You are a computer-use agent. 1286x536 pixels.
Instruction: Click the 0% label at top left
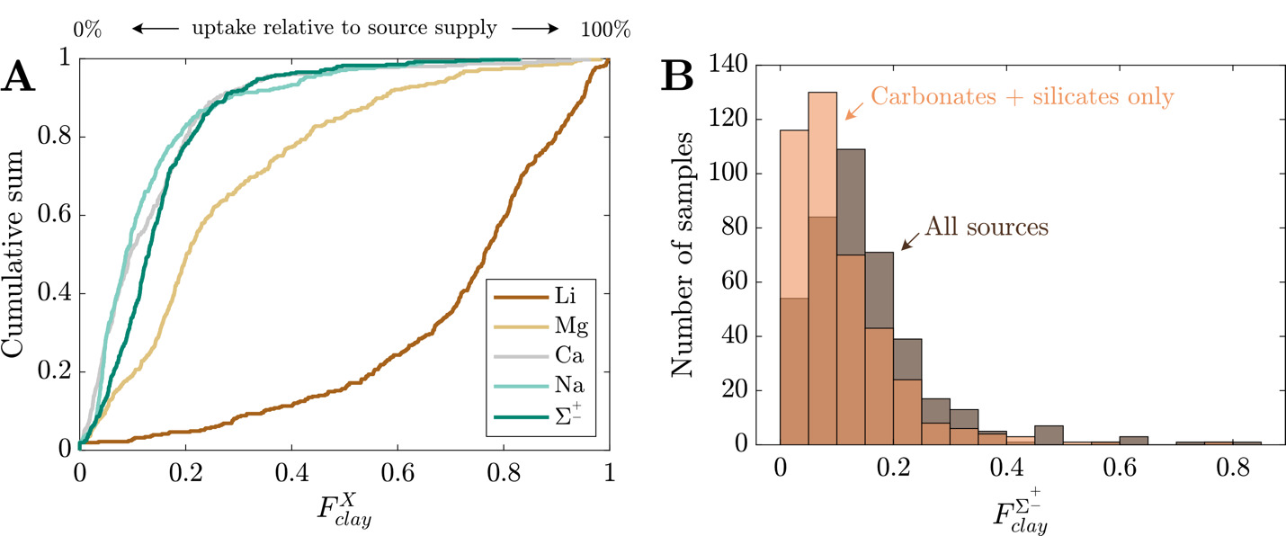click(87, 29)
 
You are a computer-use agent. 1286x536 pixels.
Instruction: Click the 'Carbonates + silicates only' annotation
click(1022, 96)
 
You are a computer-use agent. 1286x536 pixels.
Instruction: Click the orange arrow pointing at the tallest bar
click(853, 110)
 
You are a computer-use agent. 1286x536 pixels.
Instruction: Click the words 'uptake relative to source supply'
click(344, 29)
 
